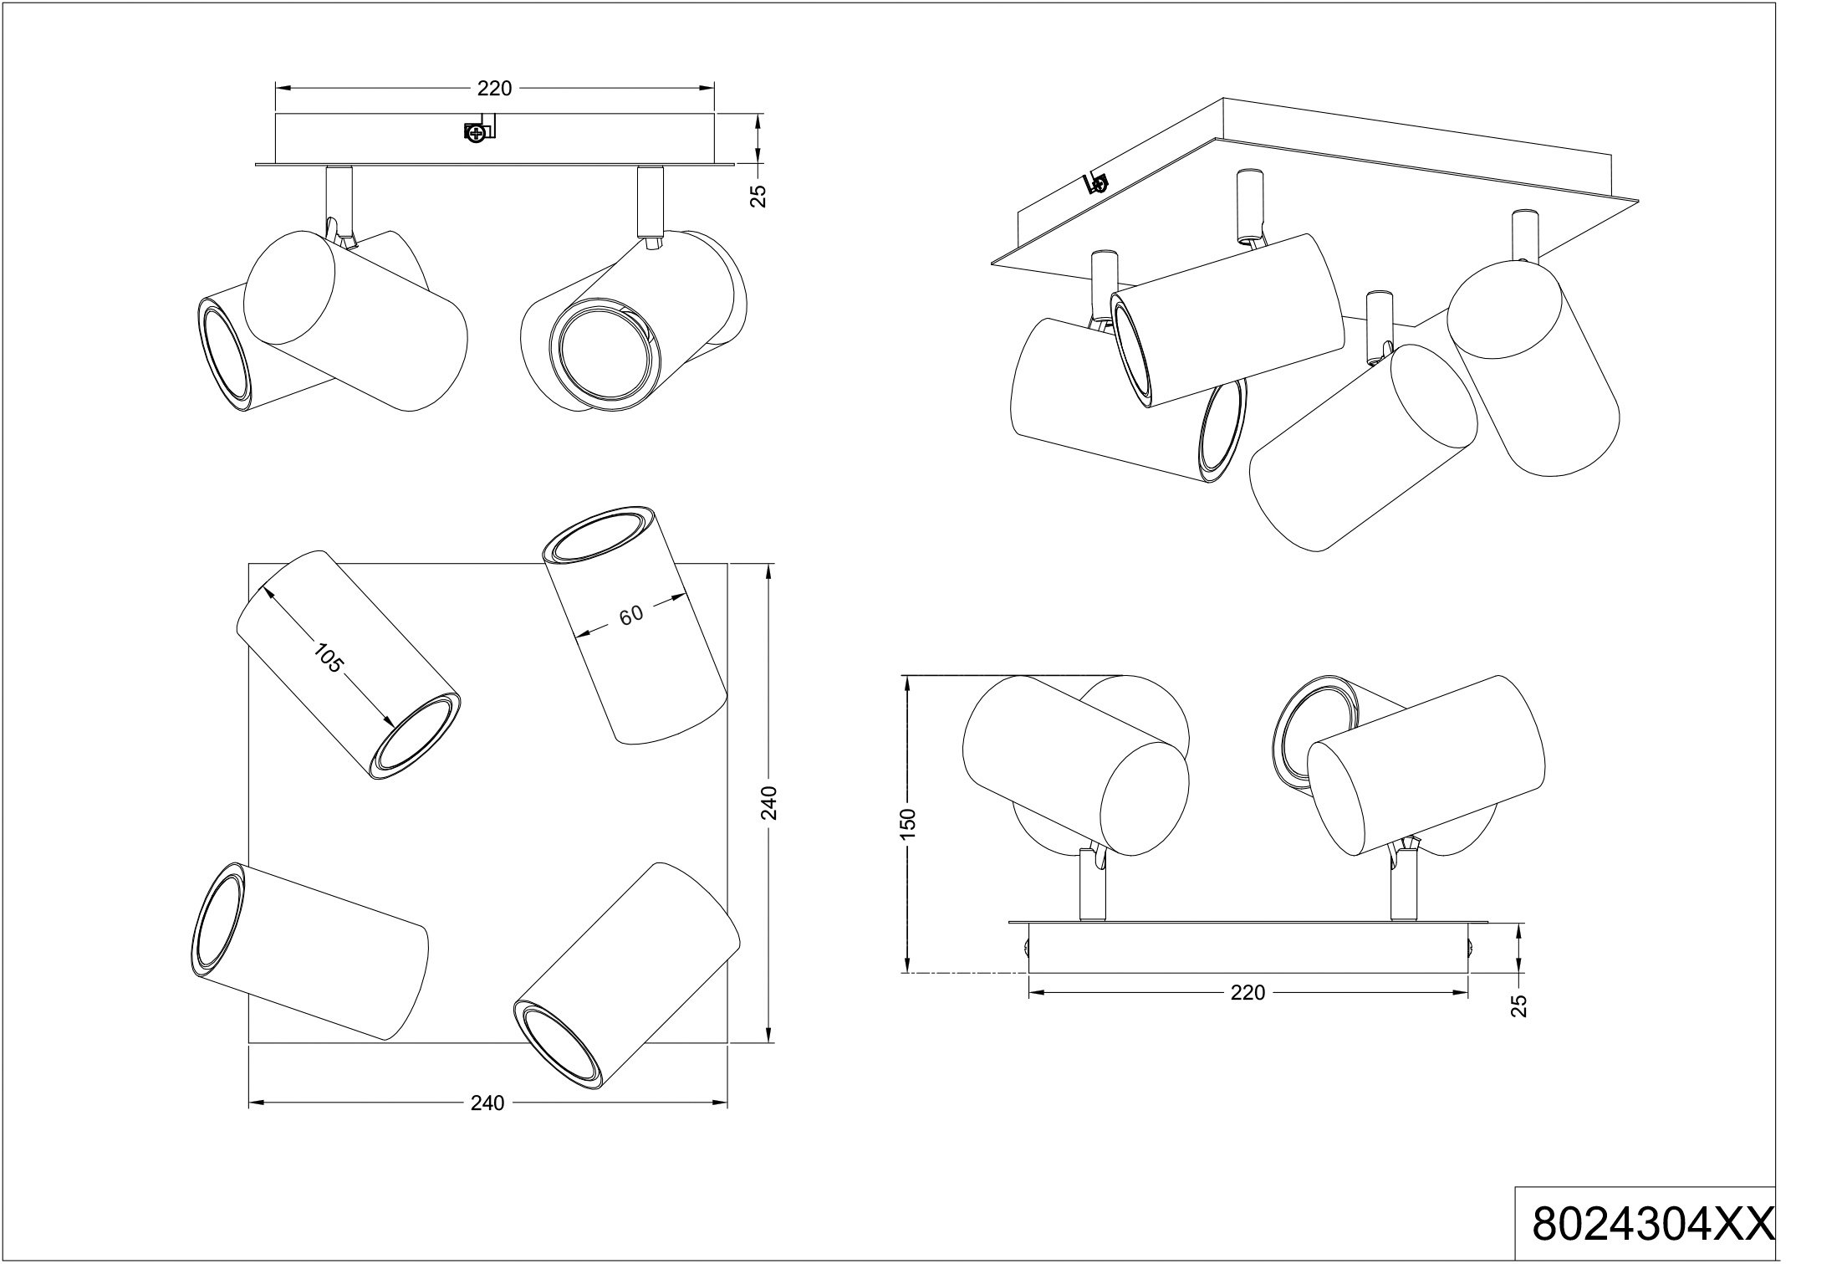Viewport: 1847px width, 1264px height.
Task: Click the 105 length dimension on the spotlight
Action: click(x=329, y=658)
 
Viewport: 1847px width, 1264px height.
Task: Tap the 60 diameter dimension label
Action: click(x=631, y=614)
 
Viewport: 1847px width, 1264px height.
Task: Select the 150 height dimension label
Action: click(x=910, y=823)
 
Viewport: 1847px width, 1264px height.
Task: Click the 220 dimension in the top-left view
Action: click(x=494, y=89)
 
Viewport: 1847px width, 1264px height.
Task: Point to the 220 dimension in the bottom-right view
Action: click(x=1247, y=993)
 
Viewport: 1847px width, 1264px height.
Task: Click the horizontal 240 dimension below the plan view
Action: click(x=487, y=1103)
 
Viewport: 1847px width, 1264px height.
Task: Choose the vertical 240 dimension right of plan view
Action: click(x=770, y=803)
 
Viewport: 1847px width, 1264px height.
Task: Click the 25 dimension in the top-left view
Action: click(x=758, y=195)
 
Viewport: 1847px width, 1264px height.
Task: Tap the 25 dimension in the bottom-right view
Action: click(x=1520, y=1006)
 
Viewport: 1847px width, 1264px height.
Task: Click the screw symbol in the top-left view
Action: click(x=476, y=132)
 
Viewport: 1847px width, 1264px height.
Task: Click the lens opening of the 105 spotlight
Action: click(x=416, y=736)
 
